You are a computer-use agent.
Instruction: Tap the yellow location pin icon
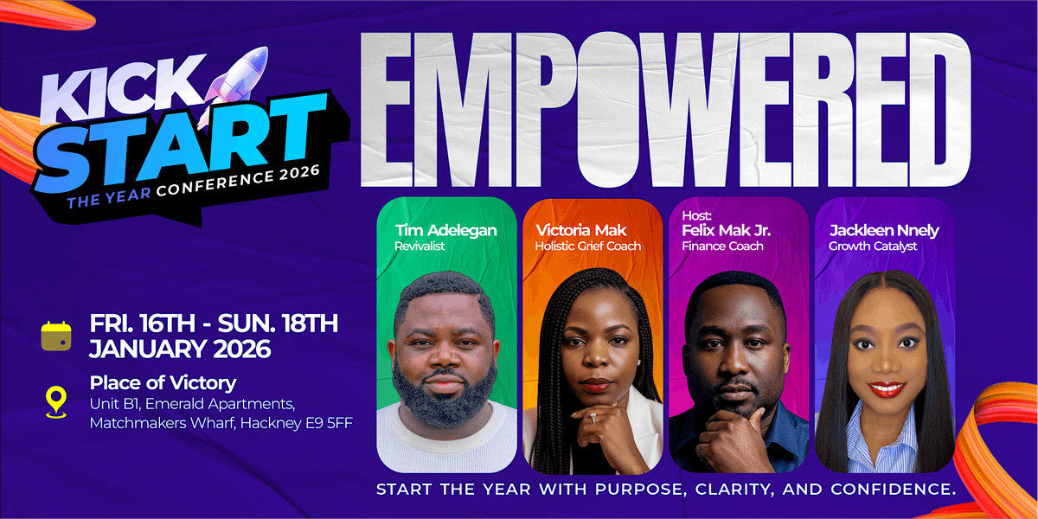pyautogui.click(x=56, y=400)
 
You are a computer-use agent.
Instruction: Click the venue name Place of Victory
pyautogui.click(x=163, y=382)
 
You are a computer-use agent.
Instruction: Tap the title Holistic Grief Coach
pyautogui.click(x=588, y=247)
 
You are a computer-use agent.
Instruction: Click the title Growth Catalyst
pyautogui.click(x=873, y=247)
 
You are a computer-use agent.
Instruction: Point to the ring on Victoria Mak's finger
pyautogui.click(x=593, y=417)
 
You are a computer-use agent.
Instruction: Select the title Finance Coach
pyautogui.click(x=722, y=247)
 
